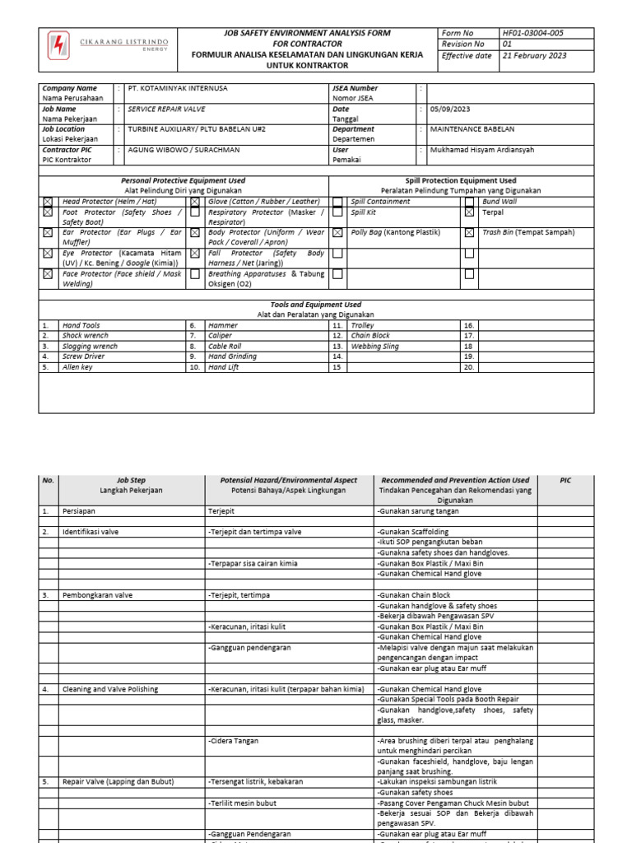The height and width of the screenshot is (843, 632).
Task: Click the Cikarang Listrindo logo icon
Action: click(x=58, y=44)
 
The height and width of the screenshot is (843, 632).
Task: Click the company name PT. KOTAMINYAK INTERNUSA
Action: click(x=178, y=88)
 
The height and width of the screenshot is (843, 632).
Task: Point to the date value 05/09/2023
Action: click(x=450, y=109)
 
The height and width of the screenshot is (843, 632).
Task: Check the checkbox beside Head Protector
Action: click(x=48, y=202)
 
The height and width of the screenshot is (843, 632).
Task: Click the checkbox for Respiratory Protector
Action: click(x=195, y=212)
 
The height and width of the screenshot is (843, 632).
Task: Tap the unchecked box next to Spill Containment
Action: click(x=338, y=202)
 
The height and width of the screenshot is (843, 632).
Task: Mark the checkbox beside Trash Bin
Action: click(x=469, y=233)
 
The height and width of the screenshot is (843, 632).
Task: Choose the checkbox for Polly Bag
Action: click(x=338, y=233)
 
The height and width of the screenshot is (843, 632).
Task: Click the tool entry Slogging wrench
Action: click(x=90, y=347)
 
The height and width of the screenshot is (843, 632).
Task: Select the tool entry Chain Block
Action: click(x=370, y=336)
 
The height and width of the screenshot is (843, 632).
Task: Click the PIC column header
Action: click(x=565, y=480)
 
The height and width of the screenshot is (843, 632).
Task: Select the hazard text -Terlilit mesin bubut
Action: click(x=242, y=803)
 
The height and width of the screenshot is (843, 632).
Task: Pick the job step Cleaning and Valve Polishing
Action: click(x=110, y=689)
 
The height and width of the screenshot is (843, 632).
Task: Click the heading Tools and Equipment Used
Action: click(x=316, y=305)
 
